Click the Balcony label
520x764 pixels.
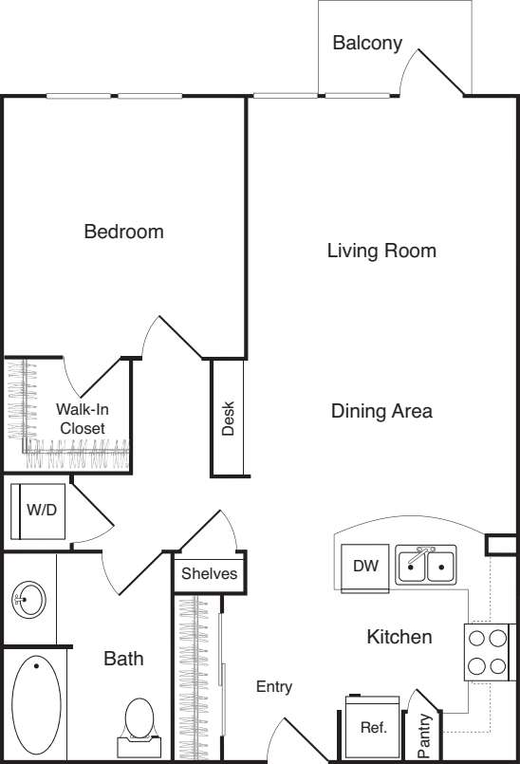(x=367, y=43)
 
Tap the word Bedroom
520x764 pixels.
(x=123, y=232)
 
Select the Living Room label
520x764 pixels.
(x=381, y=251)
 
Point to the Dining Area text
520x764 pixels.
(x=381, y=411)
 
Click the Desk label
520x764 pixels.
(x=228, y=418)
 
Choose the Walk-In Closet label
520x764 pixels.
(x=83, y=419)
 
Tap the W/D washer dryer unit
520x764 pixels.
(x=38, y=512)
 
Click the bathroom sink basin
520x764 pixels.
(x=28, y=599)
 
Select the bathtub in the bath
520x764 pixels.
(x=37, y=704)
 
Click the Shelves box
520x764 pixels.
(x=210, y=573)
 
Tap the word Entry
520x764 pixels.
(x=274, y=686)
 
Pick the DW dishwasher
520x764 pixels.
(x=365, y=568)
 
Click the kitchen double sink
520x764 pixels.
(x=426, y=566)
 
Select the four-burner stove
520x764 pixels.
(x=486, y=652)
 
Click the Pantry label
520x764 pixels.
(x=424, y=736)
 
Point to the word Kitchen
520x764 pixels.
(x=399, y=637)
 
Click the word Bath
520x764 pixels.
(x=123, y=659)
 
